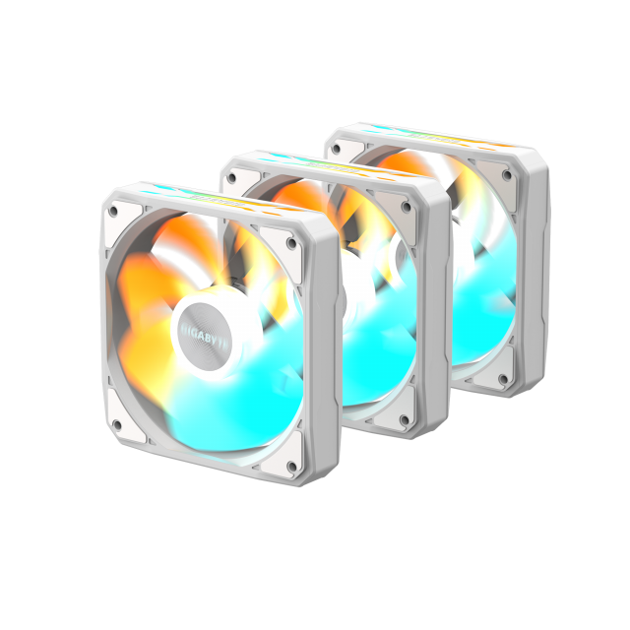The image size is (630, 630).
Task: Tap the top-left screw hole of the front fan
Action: coord(114,211)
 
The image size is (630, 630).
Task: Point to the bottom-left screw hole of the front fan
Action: coord(116,426)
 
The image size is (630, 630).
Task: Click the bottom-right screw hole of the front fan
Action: coord(292,467)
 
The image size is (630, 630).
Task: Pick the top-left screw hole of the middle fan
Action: coord(231,178)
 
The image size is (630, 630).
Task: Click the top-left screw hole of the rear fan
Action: coord(336,149)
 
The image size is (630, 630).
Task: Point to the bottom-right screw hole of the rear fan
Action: coord(504,379)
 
